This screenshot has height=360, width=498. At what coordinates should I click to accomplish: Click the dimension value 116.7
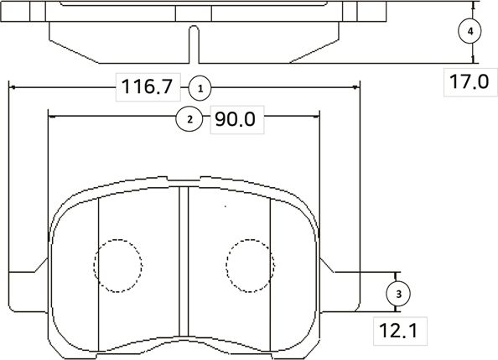[x=147, y=86]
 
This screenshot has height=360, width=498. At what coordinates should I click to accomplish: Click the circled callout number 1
[x=200, y=86]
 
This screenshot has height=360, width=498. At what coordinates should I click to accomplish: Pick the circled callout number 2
[x=190, y=119]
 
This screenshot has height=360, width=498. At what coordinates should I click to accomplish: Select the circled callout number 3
[x=397, y=293]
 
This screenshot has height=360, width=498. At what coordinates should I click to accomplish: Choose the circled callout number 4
[x=470, y=31]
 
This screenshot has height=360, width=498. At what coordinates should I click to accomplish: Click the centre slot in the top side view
[x=195, y=42]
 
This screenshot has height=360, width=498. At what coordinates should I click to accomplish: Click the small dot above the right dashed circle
[x=225, y=205]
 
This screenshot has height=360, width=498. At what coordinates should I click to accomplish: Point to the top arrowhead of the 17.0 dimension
[x=474, y=4]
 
